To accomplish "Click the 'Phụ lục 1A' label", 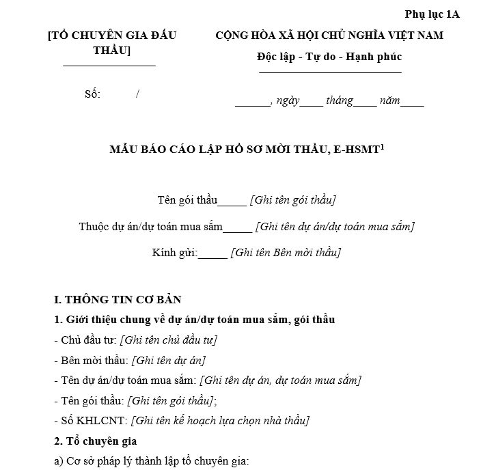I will pyautogui.click(x=432, y=14).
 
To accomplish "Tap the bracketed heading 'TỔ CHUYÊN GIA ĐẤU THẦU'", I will pyautogui.click(x=112, y=43).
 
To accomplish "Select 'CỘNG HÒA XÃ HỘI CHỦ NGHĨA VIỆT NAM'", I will pyautogui.click(x=329, y=36).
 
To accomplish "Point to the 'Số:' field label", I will pyautogui.click(x=92, y=94).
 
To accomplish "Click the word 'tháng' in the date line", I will pyautogui.click(x=340, y=101).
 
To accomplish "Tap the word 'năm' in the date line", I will pyautogui.click(x=390, y=101).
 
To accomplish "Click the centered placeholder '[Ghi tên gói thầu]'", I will pyautogui.click(x=293, y=200).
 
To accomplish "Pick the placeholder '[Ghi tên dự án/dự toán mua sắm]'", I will pyautogui.click(x=335, y=227).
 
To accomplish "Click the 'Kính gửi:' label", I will pyautogui.click(x=175, y=253).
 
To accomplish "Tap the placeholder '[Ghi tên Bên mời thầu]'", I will pyautogui.click(x=286, y=253).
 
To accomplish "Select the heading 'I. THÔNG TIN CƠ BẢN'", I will pyautogui.click(x=118, y=300).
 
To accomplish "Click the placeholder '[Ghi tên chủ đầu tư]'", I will pyautogui.click(x=169, y=340).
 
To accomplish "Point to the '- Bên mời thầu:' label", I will pyautogui.click(x=90, y=360).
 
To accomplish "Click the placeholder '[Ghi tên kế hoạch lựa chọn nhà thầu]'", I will pyautogui.click(x=220, y=421).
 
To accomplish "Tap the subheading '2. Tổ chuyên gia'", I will pyautogui.click(x=95, y=441).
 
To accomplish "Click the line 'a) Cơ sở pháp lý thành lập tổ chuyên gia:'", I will pyautogui.click(x=151, y=461).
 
